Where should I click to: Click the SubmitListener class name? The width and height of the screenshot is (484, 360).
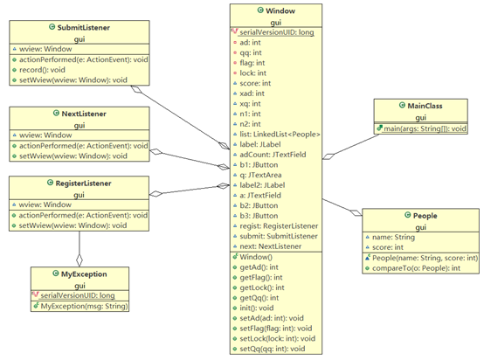point(84,27)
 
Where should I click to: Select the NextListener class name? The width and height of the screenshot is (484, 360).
point(84,114)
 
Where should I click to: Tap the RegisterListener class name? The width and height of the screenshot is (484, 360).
point(83,183)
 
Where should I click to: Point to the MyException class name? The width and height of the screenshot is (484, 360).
point(84,273)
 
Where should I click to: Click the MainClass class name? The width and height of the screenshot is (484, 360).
point(425,106)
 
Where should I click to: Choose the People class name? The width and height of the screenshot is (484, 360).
point(425,216)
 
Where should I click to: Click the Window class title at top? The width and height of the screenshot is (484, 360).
point(280,10)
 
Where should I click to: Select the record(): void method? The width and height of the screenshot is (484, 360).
point(42,70)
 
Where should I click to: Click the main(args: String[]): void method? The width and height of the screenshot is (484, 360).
point(425,128)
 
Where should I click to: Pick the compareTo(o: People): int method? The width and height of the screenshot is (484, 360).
point(416,268)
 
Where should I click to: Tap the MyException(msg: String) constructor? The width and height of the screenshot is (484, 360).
point(84,306)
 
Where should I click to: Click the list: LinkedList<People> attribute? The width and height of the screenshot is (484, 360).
point(280,135)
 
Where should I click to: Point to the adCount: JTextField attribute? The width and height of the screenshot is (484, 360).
point(273,155)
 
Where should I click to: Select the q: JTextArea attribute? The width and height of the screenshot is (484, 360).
point(260,175)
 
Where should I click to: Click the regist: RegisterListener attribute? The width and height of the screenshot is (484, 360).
point(279,226)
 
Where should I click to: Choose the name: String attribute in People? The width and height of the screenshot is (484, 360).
point(393,237)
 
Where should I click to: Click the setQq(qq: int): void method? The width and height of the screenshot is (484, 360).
point(273,349)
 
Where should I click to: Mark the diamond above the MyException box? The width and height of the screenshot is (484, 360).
point(80,260)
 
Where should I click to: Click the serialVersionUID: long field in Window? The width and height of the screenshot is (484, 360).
point(277,32)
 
